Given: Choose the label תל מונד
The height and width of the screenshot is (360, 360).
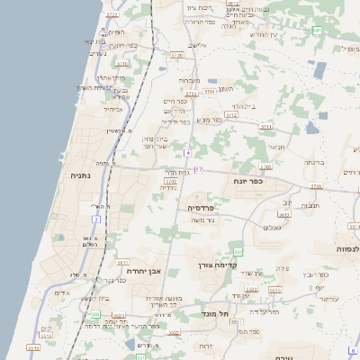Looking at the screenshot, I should click(x=216, y=313).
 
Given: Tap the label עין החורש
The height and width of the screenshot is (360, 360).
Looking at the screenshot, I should click(x=266, y=33).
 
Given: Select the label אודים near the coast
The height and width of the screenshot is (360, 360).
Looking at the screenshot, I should click(x=61, y=292).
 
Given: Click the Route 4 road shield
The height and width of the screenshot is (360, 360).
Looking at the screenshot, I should click(x=187, y=153).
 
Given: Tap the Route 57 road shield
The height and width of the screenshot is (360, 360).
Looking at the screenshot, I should click(x=198, y=170).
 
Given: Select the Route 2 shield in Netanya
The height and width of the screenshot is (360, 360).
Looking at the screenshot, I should click(x=96, y=219).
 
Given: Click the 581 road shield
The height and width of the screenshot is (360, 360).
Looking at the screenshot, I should click(x=317, y=31).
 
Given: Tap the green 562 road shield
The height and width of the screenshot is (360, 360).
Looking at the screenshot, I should click(x=238, y=250).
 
